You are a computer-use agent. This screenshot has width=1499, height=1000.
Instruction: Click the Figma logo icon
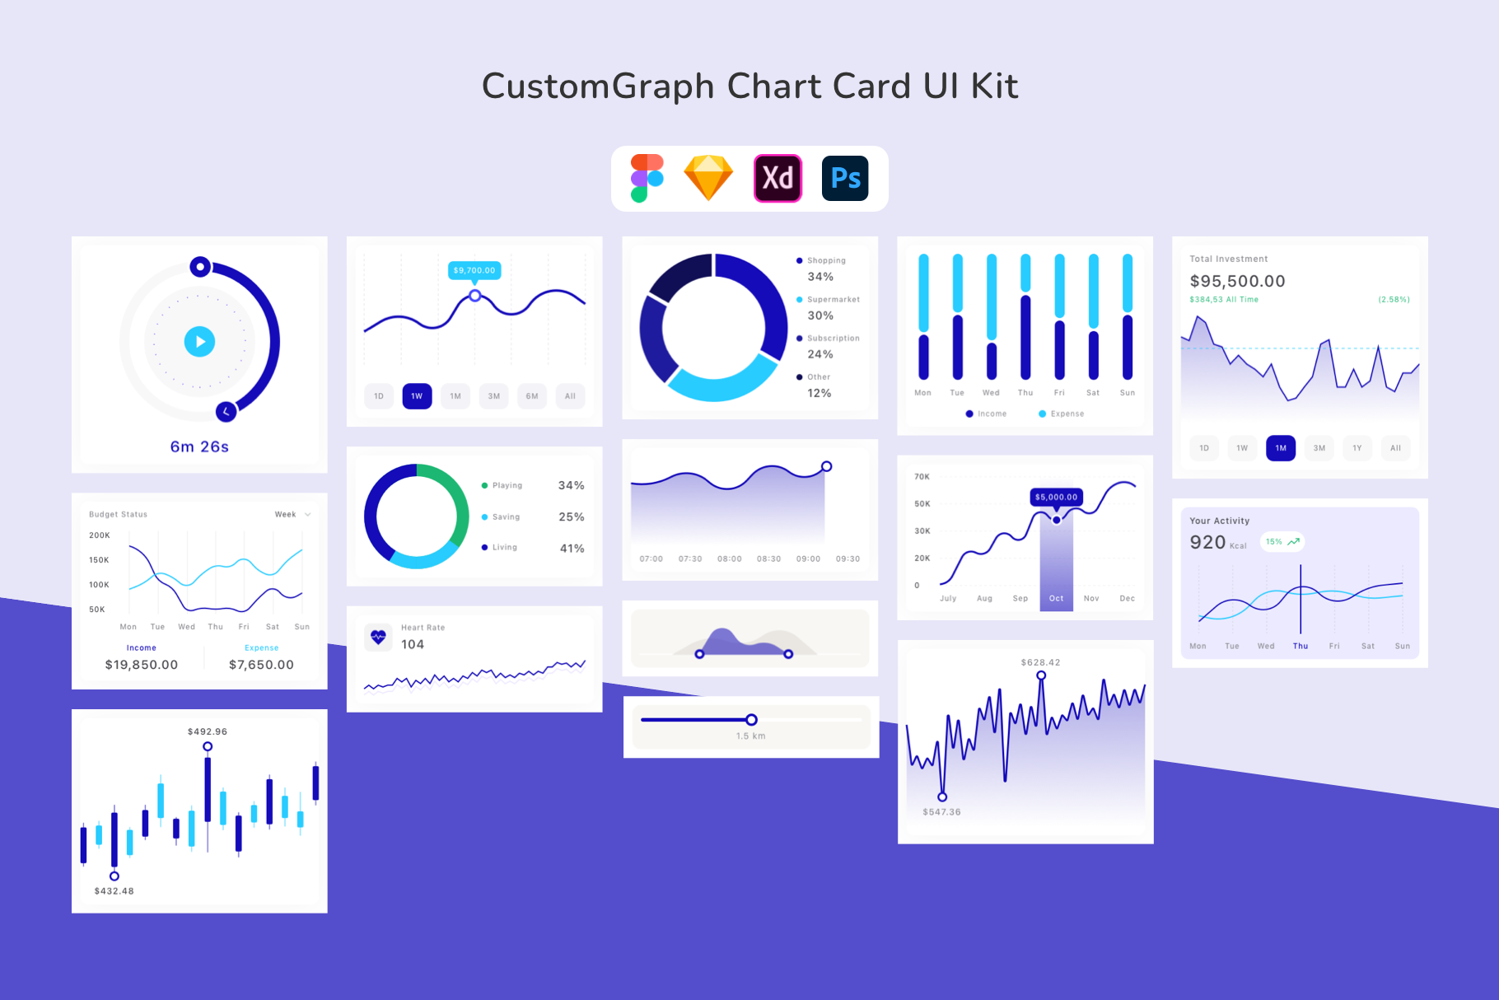647,178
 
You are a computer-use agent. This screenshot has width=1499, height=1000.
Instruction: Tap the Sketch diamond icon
708,178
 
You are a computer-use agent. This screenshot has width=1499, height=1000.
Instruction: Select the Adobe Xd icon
778,178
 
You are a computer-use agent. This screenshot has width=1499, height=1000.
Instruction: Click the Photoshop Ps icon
845,178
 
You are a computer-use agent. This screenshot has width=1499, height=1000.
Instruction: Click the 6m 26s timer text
199,446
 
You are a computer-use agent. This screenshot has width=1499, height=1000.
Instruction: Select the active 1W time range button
417,396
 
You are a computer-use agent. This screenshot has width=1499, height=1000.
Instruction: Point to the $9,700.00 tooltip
474,270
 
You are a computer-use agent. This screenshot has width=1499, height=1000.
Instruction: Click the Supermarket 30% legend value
820,315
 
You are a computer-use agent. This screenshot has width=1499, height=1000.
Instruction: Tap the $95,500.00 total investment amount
1237,281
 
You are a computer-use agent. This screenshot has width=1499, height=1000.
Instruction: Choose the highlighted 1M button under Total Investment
1281,448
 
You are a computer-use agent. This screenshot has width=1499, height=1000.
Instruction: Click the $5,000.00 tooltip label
1056,497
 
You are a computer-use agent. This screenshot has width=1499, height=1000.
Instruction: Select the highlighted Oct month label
1056,599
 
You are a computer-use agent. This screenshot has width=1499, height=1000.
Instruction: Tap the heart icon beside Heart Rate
378,637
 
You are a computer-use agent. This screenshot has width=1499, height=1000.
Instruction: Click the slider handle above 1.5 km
751,720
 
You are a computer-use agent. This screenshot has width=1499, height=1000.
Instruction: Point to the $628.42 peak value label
1040,662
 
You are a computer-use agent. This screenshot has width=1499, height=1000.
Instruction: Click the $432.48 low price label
114,891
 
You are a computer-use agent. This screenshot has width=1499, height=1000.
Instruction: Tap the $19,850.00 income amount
142,665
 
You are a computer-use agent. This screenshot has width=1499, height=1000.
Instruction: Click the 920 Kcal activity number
1207,542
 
